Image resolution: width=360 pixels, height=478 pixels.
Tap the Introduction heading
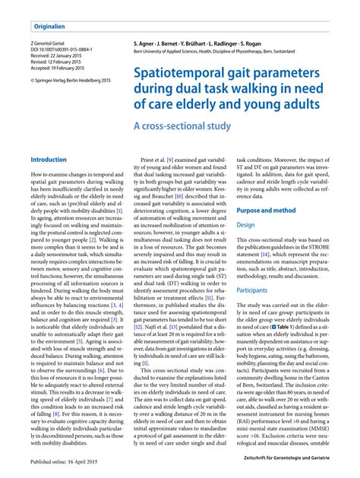(48, 160)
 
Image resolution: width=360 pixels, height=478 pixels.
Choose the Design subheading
(245, 225)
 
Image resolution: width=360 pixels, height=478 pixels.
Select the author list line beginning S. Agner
(207, 43)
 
